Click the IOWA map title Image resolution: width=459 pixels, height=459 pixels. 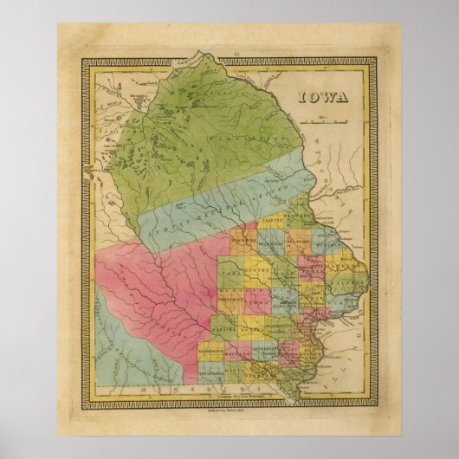[325, 96]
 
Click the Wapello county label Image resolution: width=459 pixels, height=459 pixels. [236, 352]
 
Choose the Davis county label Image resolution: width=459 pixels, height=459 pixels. [236, 371]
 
